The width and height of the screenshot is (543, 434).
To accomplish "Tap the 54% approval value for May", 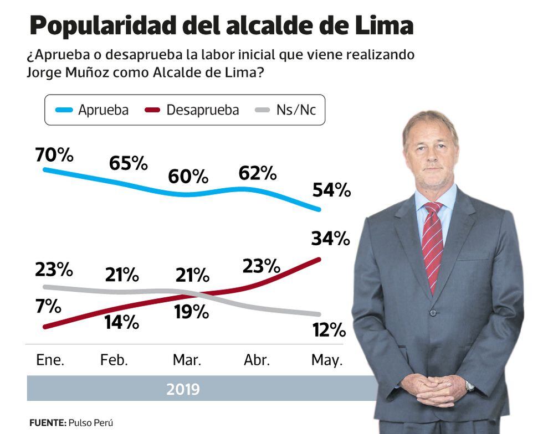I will (x=331, y=190).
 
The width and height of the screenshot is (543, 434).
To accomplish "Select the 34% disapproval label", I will (x=331, y=239).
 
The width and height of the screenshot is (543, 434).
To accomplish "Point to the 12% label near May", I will (x=328, y=330).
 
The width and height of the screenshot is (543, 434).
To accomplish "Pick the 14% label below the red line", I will (x=121, y=322).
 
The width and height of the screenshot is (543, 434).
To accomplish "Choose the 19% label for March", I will (x=191, y=312).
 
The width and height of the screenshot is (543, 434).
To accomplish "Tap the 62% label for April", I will (x=257, y=173).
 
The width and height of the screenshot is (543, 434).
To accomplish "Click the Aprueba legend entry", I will (x=93, y=110).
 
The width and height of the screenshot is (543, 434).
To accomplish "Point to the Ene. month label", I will (x=50, y=360).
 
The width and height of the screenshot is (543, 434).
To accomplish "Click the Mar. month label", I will (x=187, y=360).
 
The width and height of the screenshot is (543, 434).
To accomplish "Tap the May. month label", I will (x=327, y=360).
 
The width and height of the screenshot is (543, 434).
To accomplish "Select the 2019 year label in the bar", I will (x=183, y=389).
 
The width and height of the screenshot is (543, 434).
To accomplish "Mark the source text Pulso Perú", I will (x=90, y=422).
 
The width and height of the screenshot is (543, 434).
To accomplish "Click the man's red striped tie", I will (x=432, y=244).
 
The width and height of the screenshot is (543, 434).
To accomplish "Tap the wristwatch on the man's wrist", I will (x=470, y=386).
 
